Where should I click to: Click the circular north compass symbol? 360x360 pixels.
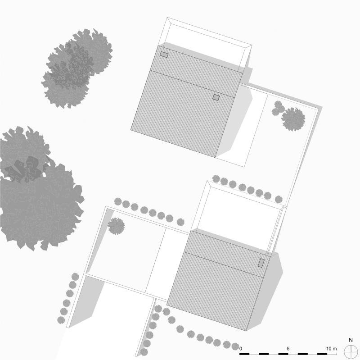click(350, 351)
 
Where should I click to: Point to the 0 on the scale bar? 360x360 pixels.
click(241, 349)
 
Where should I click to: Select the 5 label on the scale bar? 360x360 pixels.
click(288, 349)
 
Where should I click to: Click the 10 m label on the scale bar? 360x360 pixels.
click(332, 349)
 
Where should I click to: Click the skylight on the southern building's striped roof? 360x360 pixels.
click(261, 263)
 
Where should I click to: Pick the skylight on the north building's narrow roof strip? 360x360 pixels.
click(164, 55)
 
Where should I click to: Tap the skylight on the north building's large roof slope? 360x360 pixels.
click(216, 97)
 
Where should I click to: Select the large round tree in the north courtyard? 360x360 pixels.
click(293, 119)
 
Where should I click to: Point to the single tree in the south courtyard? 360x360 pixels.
click(116, 226)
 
